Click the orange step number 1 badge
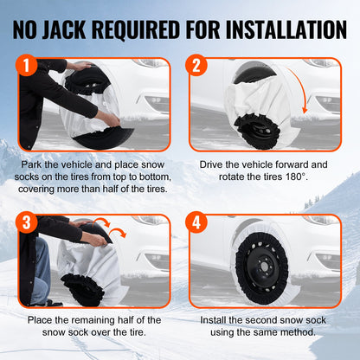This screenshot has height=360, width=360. coord(29,66)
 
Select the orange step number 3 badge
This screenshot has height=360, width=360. coord(29,222)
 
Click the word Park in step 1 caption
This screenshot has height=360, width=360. coord(34,163)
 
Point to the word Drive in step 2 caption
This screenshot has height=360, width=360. coord(214,163)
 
